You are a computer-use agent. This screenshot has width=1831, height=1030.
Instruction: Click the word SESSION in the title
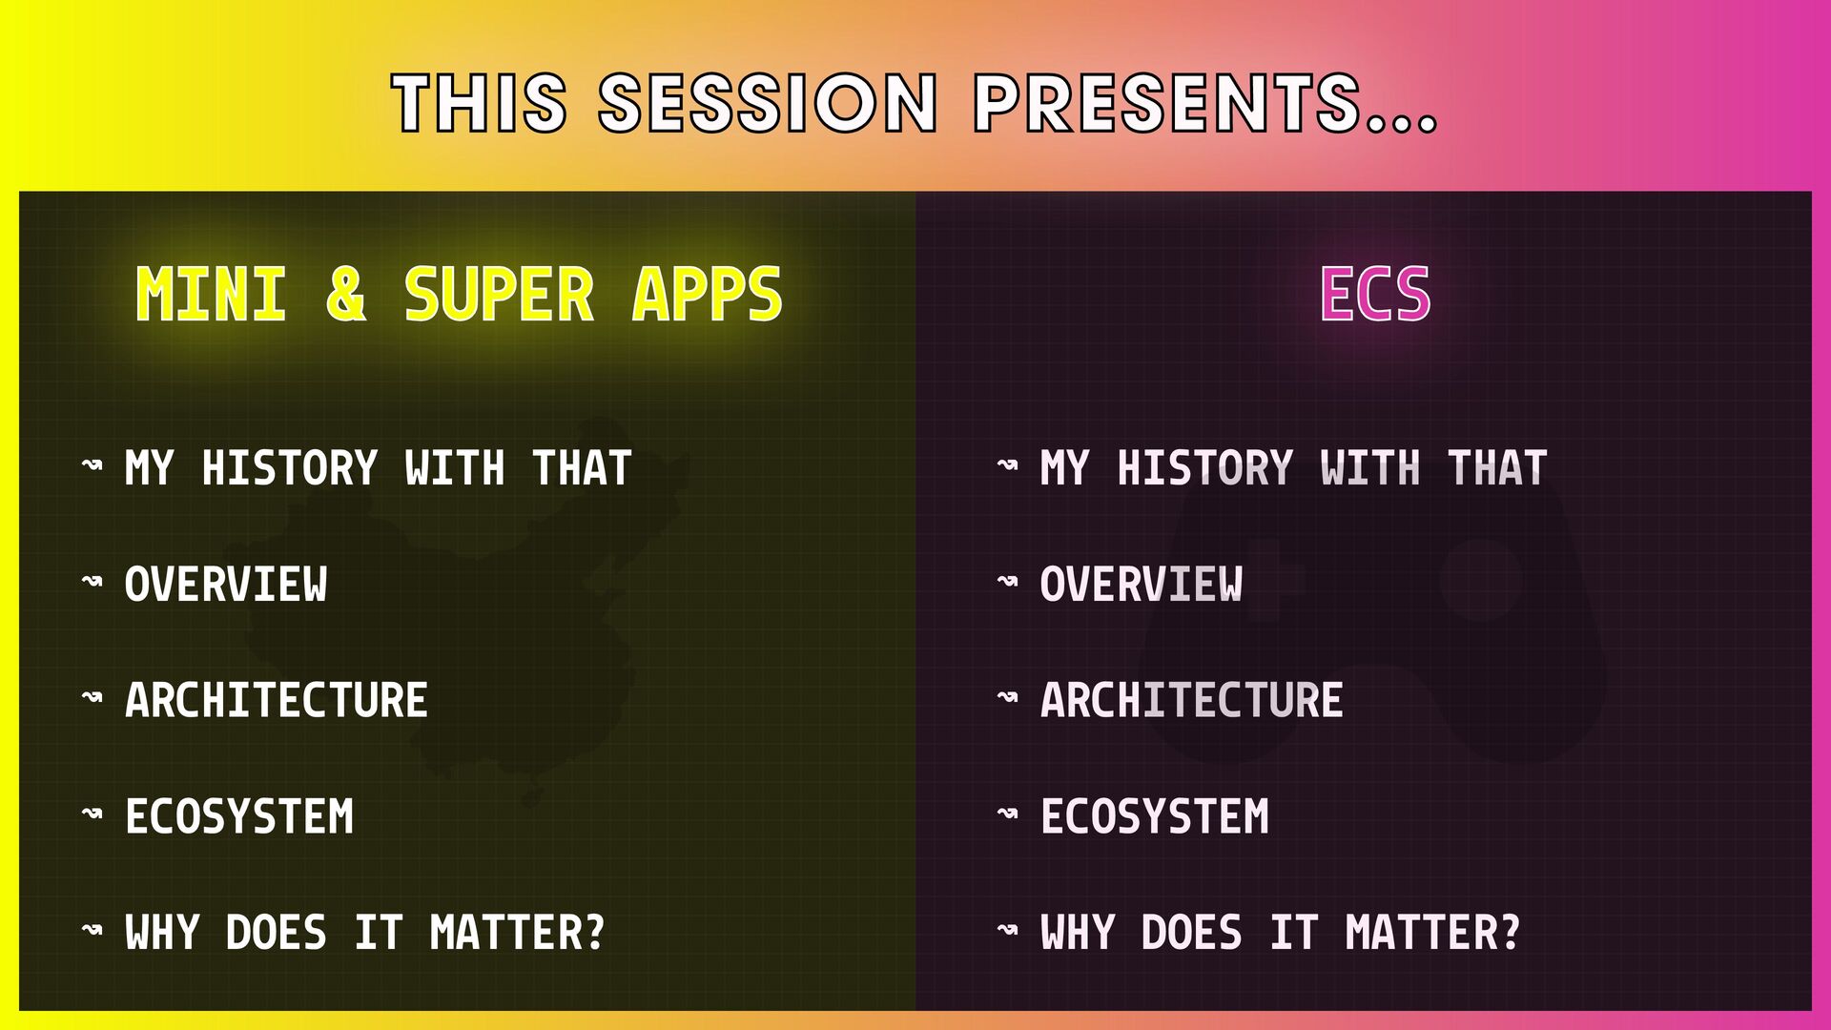(x=769, y=102)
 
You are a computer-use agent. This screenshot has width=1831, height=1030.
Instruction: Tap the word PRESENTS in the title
(x=1166, y=102)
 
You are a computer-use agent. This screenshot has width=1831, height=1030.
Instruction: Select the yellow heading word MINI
(x=211, y=294)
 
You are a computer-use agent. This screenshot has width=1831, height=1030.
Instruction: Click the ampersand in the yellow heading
(x=345, y=294)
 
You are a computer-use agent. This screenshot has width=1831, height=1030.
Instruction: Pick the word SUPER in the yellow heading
(x=499, y=294)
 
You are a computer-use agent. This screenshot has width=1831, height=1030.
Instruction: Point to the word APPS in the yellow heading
(x=707, y=294)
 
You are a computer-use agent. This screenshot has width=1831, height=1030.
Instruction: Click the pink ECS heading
(x=1375, y=294)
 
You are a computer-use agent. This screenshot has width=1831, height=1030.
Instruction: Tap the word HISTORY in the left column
(x=290, y=468)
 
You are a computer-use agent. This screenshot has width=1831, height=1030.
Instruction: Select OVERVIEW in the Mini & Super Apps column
(x=226, y=585)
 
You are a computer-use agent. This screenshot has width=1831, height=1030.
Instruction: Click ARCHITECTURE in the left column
(x=277, y=700)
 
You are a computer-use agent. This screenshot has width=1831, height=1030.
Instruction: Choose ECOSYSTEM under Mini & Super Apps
(x=239, y=817)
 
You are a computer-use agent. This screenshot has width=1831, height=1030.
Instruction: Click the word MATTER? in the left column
(x=517, y=933)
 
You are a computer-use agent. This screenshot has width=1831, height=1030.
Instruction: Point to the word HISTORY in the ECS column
(x=1205, y=468)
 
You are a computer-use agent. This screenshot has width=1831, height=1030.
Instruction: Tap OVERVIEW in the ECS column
(x=1142, y=585)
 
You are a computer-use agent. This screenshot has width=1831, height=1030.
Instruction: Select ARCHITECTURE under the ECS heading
(x=1192, y=700)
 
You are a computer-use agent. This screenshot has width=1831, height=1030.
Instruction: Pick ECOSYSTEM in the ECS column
(x=1155, y=817)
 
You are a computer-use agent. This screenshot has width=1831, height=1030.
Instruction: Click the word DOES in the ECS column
(x=1192, y=933)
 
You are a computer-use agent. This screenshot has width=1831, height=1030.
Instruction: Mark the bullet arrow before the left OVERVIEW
(x=93, y=580)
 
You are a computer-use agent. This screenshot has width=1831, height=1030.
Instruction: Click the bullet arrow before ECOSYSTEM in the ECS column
(x=1008, y=813)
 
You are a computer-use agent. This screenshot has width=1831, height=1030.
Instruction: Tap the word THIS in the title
(x=479, y=102)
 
